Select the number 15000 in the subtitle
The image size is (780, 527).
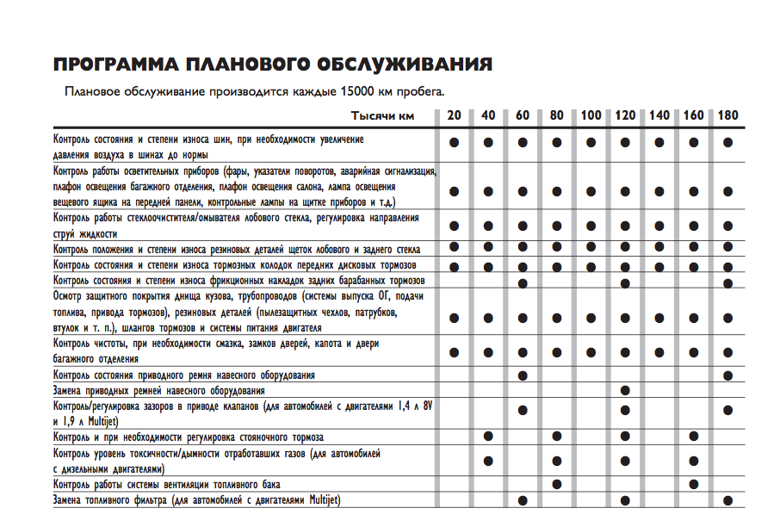(359, 90)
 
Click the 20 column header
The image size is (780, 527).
(454, 115)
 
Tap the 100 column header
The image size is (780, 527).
(591, 115)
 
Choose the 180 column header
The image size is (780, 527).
(727, 115)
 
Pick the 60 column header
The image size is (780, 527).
(523, 115)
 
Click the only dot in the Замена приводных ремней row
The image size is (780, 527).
(625, 391)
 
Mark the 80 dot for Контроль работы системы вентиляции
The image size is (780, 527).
(557, 484)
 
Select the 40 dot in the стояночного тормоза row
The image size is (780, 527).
(488, 437)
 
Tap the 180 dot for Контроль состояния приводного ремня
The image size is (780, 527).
(727, 375)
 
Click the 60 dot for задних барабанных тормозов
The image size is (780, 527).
(523, 282)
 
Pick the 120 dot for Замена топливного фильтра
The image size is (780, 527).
(625, 500)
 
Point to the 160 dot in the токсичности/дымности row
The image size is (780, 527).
(693, 461)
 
